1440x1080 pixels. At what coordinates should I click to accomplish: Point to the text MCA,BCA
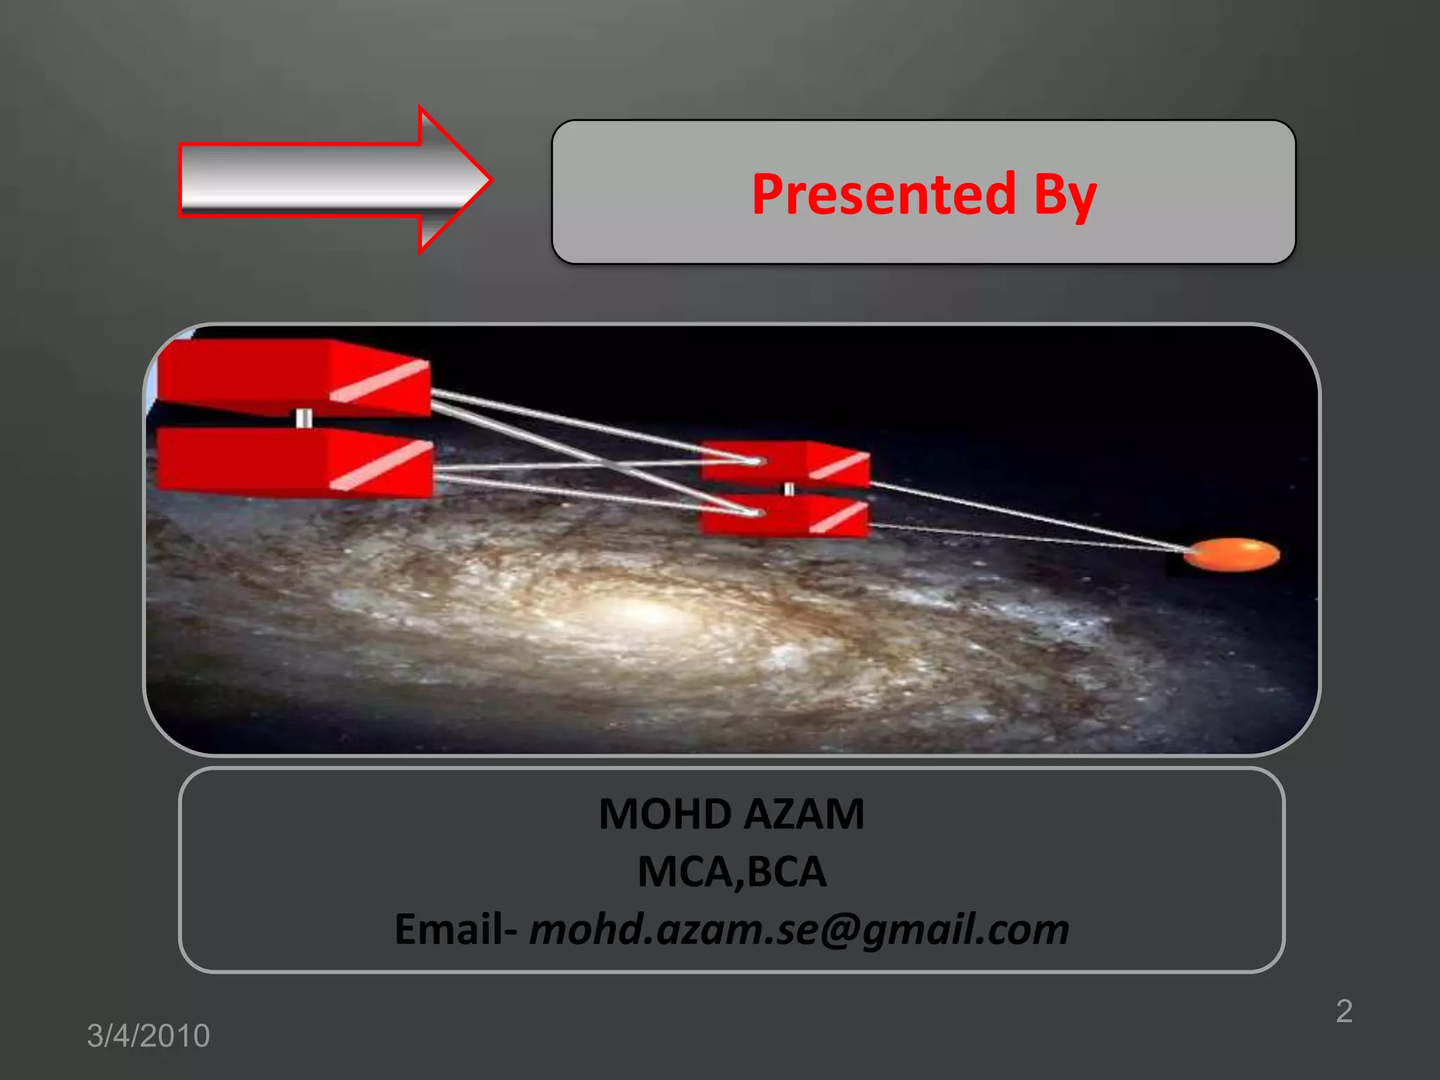coord(732,872)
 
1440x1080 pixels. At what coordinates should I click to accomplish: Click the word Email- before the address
coord(456,930)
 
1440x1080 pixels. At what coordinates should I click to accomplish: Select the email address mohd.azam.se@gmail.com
coord(799,930)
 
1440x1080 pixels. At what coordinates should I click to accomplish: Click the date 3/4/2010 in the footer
coord(148,1036)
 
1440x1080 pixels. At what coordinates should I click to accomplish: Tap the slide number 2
coord(1344,1011)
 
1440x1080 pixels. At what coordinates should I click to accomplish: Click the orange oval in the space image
coord(1232,555)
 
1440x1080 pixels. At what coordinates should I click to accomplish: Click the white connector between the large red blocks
coord(304,419)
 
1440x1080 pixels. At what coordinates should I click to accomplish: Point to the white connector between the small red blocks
coord(789,489)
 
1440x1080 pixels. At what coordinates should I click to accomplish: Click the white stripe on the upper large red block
coord(380,381)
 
